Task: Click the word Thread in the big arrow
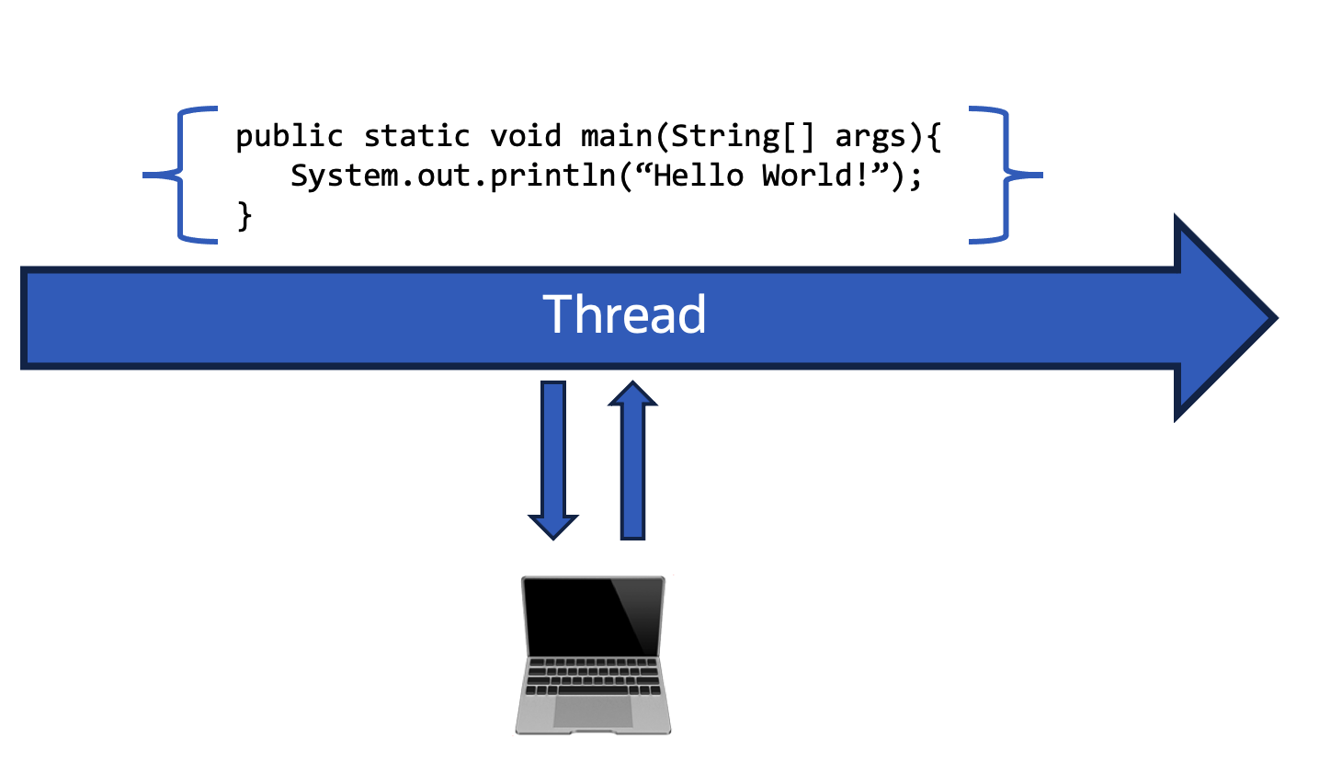click(x=624, y=314)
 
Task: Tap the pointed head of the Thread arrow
click(x=1227, y=318)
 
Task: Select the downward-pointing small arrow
click(x=552, y=460)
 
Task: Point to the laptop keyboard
click(x=593, y=677)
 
